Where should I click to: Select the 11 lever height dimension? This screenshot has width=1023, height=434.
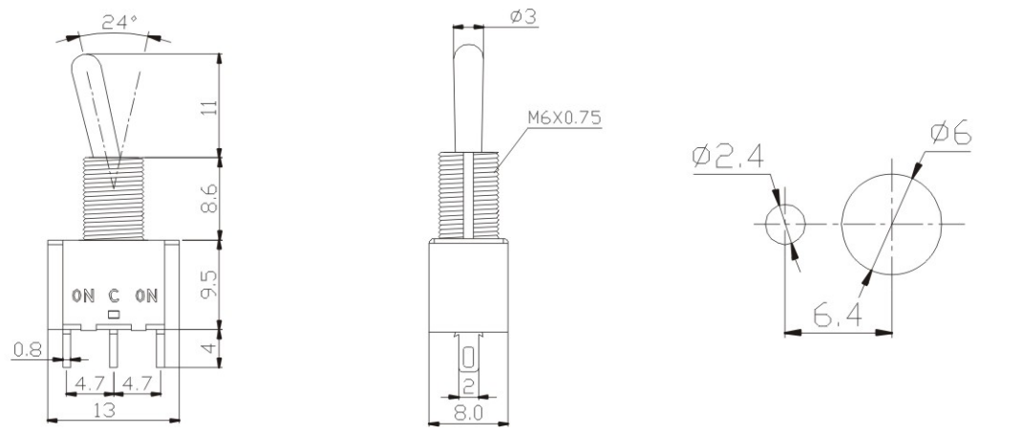211,105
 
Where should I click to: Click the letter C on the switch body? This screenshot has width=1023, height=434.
114,295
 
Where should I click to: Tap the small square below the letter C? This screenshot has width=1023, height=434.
114,313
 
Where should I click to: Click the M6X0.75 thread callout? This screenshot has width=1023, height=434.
564,119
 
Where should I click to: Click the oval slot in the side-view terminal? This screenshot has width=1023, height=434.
468,358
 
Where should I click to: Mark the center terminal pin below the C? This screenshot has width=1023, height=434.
114,348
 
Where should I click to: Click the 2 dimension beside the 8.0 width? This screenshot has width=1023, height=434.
468,385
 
